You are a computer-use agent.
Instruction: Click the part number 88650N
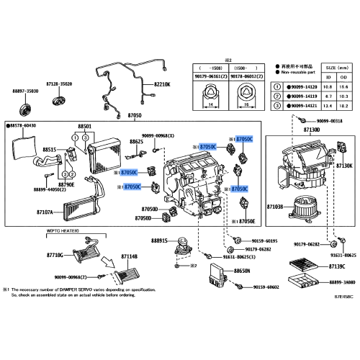pos(241,271)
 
